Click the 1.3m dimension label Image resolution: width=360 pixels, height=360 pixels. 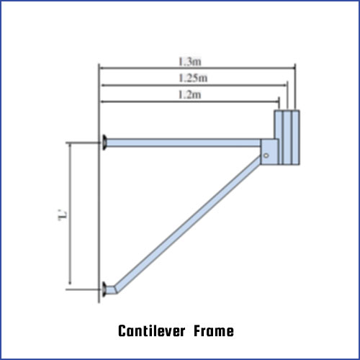(190, 61)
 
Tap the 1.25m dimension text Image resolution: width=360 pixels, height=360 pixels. (193, 78)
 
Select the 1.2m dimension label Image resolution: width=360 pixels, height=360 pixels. (190, 95)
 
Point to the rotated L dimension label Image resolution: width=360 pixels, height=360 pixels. (63, 215)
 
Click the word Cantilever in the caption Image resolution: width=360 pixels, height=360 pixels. (152, 331)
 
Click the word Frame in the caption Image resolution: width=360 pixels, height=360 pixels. (214, 331)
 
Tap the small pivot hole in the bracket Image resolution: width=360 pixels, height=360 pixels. (266, 156)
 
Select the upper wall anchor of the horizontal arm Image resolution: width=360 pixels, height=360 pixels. (104, 143)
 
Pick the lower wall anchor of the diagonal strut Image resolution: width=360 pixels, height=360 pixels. (104, 289)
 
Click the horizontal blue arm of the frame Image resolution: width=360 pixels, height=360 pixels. (184, 143)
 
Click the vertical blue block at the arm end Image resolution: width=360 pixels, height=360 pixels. (287, 138)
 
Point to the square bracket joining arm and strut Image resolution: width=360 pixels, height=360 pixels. (270, 152)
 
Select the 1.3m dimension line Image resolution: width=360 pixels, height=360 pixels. (197, 68)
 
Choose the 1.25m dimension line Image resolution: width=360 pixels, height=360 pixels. (194, 85)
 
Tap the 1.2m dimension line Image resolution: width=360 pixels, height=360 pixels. (190, 102)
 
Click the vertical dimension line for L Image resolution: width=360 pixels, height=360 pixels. (70, 215)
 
